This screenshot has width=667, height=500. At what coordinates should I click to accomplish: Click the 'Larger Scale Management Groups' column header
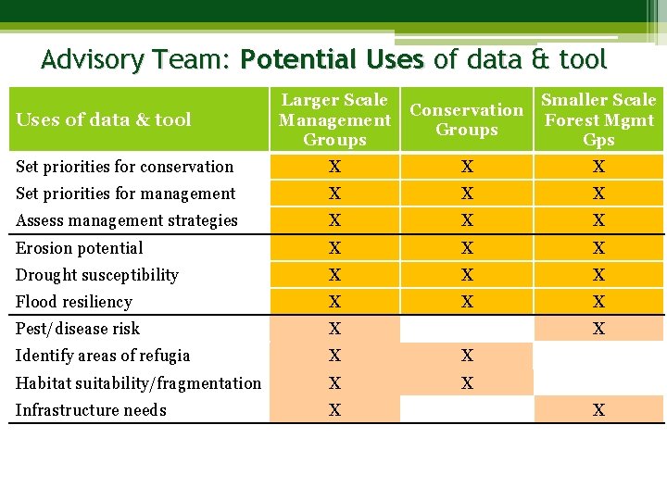(x=334, y=119)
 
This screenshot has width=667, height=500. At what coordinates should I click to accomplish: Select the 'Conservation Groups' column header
(x=467, y=119)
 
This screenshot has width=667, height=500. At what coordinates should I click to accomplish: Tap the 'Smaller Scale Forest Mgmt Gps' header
(x=598, y=119)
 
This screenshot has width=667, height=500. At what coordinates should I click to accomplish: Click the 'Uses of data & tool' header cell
(x=104, y=119)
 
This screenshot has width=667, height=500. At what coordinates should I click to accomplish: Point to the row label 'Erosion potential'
(x=80, y=248)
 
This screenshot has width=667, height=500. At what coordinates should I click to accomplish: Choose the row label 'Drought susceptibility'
(x=97, y=275)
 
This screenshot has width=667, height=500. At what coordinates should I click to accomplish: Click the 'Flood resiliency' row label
(x=74, y=302)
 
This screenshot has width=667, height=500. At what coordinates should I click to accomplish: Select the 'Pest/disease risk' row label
(x=78, y=329)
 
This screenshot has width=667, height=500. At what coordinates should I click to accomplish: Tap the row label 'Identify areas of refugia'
(x=103, y=356)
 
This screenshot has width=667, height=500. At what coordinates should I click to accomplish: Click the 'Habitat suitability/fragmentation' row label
(x=139, y=382)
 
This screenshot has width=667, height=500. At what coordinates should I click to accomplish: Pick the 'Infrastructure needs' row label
(x=91, y=410)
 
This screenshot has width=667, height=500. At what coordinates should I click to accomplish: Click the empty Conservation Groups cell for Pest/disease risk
(x=467, y=329)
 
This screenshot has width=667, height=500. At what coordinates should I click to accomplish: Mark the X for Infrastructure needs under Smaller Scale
(x=598, y=410)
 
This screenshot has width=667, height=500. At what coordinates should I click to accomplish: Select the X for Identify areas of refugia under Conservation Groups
(x=467, y=356)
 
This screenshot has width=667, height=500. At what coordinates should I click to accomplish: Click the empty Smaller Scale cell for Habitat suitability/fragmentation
(x=598, y=382)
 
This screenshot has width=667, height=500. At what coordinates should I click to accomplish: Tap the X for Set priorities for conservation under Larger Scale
(x=334, y=167)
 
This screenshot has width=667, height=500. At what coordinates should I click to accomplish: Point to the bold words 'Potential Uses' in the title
(x=332, y=60)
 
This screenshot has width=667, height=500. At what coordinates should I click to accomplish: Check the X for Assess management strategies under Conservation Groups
(x=467, y=220)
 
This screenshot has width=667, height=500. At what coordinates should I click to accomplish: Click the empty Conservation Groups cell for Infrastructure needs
(x=467, y=410)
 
